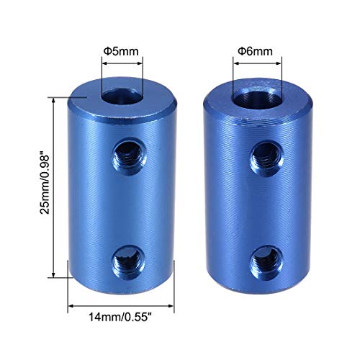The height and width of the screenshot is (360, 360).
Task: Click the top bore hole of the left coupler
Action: pos(120,96)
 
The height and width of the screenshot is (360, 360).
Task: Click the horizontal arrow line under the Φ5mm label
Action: pos(121,63)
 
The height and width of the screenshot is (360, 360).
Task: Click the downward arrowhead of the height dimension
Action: pos(55,276)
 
